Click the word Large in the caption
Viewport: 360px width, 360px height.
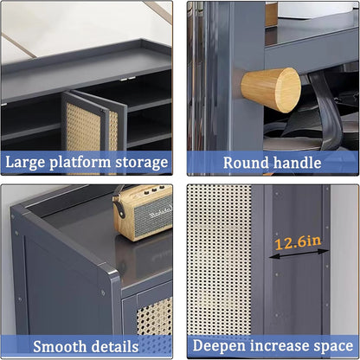28,162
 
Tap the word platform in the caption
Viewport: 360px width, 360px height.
80,162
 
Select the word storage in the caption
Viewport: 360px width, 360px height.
139,162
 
